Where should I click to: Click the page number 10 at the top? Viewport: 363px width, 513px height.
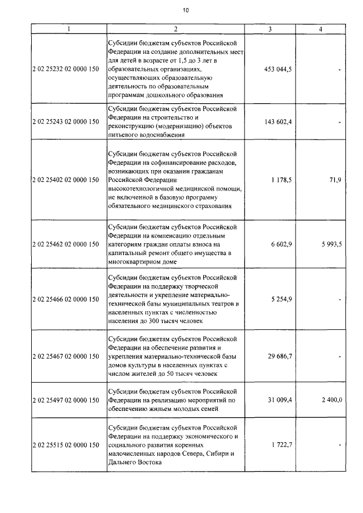[x=185, y=10]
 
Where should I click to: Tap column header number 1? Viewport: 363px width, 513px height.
[x=68, y=29]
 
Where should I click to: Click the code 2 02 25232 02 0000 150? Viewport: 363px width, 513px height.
[x=66, y=69]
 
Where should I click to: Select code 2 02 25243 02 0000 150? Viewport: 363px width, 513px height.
[x=66, y=121]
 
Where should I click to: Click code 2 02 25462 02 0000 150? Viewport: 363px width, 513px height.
[x=66, y=244]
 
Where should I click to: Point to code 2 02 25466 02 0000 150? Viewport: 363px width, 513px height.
[x=66, y=299]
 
